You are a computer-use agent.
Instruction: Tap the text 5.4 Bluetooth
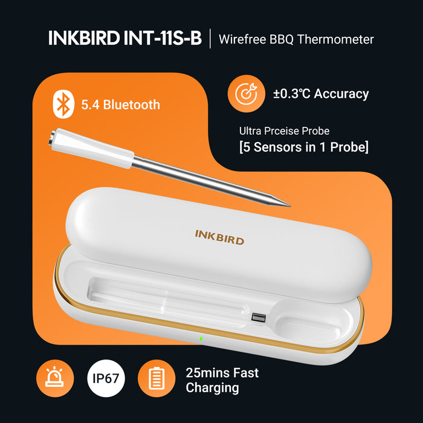coord(120,105)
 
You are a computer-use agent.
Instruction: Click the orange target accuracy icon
coord(246,94)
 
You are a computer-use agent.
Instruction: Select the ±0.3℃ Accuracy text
coord(320,94)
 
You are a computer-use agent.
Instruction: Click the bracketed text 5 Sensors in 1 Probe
coord(303,147)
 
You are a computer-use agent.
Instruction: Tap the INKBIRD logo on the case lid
coord(219,236)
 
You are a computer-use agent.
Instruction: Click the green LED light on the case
coord(201,338)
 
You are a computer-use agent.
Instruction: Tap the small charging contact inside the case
coord(259,317)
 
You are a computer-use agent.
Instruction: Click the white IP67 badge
coord(106,379)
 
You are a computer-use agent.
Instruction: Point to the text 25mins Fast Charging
coord(222,379)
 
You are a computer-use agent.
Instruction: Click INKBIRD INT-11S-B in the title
coord(124,39)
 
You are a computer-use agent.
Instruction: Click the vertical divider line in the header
coord(210,39)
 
